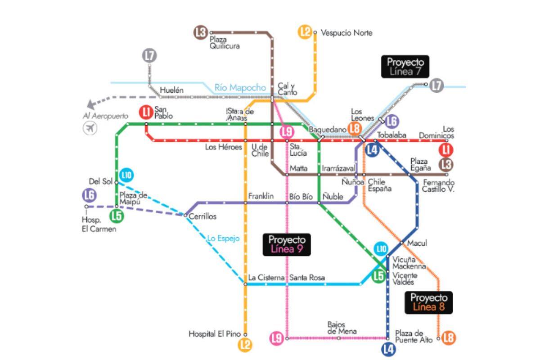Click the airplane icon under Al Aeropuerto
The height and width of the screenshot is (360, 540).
pyautogui.click(x=90, y=128)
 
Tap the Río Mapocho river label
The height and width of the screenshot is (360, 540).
pyautogui.click(x=240, y=88)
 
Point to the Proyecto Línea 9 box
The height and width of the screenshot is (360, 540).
pyautogui.click(x=287, y=245)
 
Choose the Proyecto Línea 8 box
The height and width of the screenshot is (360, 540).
pyautogui.click(x=428, y=302)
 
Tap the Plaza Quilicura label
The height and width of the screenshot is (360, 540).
pyautogui.click(x=225, y=43)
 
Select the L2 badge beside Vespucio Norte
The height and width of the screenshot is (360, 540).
pyautogui.click(x=305, y=32)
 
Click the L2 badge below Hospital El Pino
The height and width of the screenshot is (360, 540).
pyautogui.click(x=245, y=345)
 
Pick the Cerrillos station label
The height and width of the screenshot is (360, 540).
pyautogui.click(x=202, y=216)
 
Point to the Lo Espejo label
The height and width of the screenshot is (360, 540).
pyautogui.click(x=223, y=238)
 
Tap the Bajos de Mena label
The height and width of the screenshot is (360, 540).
pyautogui.click(x=342, y=328)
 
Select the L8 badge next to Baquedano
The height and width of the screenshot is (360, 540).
pyautogui.click(x=355, y=129)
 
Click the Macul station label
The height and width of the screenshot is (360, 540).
pyautogui.click(x=417, y=243)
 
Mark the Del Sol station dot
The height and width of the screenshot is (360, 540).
pyautogui.click(x=117, y=182)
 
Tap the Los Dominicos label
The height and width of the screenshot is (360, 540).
pyautogui.click(x=436, y=132)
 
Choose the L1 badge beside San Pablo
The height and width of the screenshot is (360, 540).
pyautogui.click(x=145, y=111)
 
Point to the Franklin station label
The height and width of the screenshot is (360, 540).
pyautogui.click(x=261, y=196)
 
